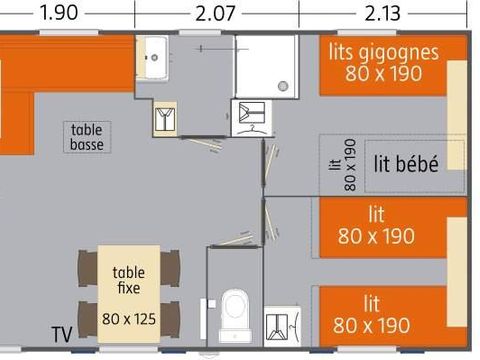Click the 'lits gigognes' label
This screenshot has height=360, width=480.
point(383,52)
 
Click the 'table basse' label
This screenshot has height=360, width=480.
point(88,136)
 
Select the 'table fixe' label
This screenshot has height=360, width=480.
point(128,279)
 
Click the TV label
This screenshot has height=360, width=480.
point(62,333)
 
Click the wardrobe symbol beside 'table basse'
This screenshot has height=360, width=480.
point(165,119)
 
